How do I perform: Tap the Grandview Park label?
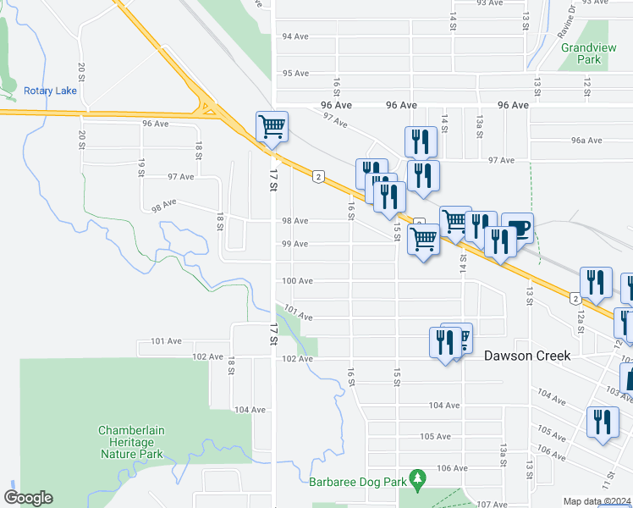[x=581, y=54]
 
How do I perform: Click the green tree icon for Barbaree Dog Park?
[x=416, y=480]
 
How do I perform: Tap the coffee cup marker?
[x=518, y=228]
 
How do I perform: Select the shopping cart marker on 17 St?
[x=272, y=128]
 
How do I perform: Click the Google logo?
[x=28, y=498]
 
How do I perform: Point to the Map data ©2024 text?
[x=597, y=501]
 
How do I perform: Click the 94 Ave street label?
[x=294, y=36]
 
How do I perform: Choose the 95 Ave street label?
[x=294, y=74]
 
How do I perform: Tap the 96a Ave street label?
[x=586, y=141]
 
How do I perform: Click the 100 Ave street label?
[x=298, y=281]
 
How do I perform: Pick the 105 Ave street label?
[x=435, y=436]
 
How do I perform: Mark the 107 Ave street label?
[x=491, y=505]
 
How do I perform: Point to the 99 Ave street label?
[x=294, y=244]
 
